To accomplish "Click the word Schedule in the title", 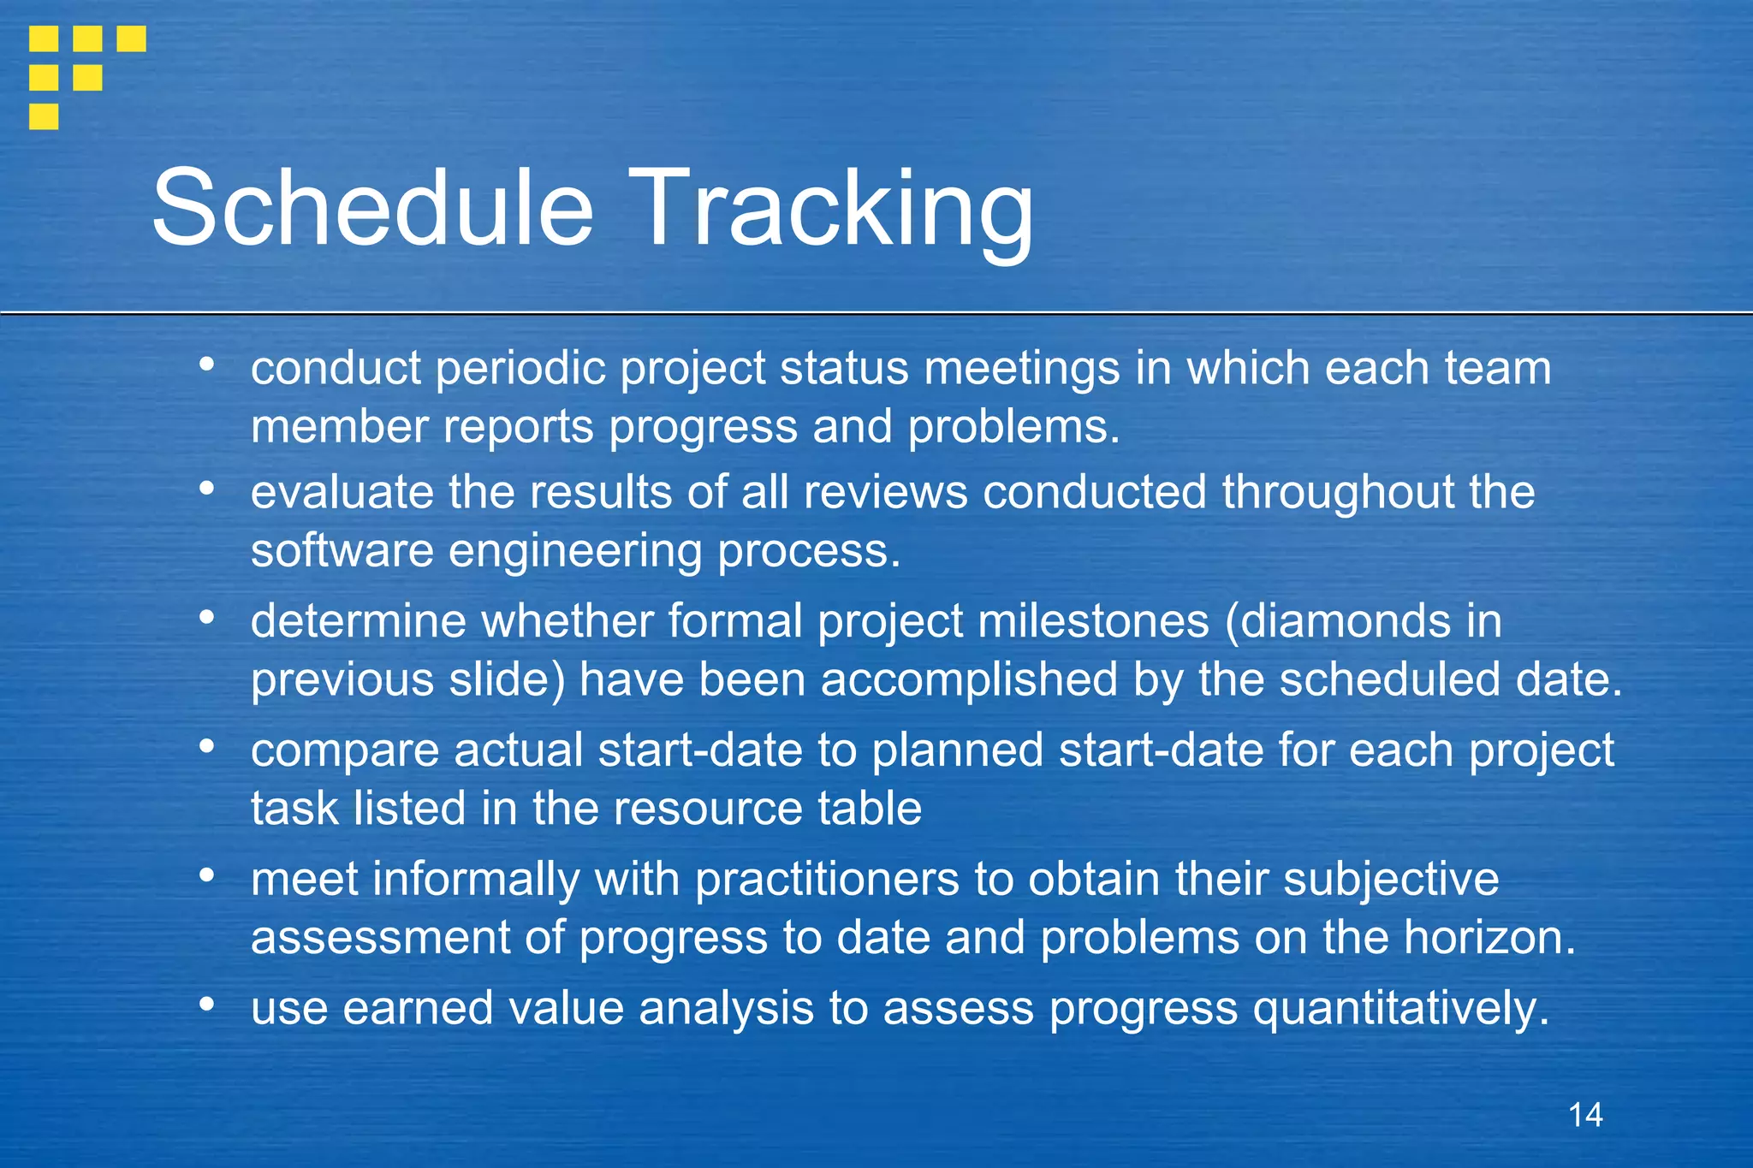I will [373, 208].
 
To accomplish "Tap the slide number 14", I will [1585, 1115].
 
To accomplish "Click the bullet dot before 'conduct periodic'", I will [206, 365].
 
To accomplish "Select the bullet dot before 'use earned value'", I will [206, 1005].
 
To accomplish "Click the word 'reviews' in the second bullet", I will [885, 493].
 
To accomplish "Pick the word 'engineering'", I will [575, 552].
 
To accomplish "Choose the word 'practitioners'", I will [827, 880].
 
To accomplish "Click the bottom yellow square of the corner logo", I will [44, 116].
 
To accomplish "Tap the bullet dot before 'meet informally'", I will [206, 875].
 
